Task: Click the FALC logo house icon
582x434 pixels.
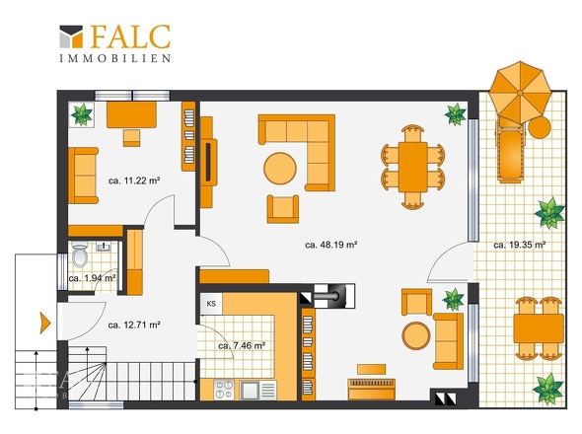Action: (71, 36)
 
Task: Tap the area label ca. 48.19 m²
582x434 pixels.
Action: (331, 245)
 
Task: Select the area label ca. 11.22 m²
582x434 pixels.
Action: (134, 181)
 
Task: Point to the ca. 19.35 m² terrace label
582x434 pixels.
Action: (519, 245)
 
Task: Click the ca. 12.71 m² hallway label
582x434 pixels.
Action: (134, 325)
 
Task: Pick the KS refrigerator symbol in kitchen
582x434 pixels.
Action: (211, 304)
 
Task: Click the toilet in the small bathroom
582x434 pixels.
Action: (80, 253)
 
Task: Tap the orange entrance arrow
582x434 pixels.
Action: (45, 323)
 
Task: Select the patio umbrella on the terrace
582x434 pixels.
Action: (520, 92)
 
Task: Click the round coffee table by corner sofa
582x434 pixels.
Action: (280, 169)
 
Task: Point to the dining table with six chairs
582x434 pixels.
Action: (412, 167)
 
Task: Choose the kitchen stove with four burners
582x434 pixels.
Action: (224, 390)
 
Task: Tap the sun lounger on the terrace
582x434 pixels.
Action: (511, 149)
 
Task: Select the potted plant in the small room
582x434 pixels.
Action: (82, 114)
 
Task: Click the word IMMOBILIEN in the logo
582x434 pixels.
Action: (115, 58)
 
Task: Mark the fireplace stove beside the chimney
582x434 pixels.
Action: (334, 296)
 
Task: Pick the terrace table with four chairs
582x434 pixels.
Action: (539, 328)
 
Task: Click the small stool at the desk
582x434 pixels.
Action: (132, 138)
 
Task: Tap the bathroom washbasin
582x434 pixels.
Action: (103, 247)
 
